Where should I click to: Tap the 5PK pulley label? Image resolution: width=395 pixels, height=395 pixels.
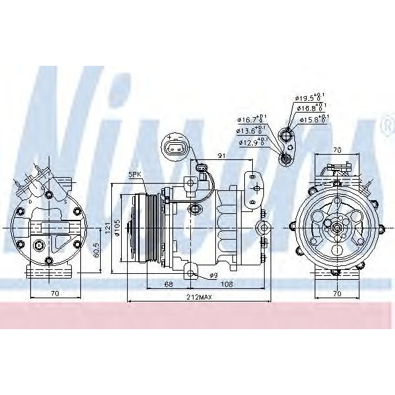(x=136, y=174)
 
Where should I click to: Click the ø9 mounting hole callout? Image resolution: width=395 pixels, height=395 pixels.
(x=213, y=275)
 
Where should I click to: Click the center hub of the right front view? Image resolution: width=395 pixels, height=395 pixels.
(x=337, y=228)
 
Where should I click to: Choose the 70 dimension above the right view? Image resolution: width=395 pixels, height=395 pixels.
(x=338, y=149)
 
